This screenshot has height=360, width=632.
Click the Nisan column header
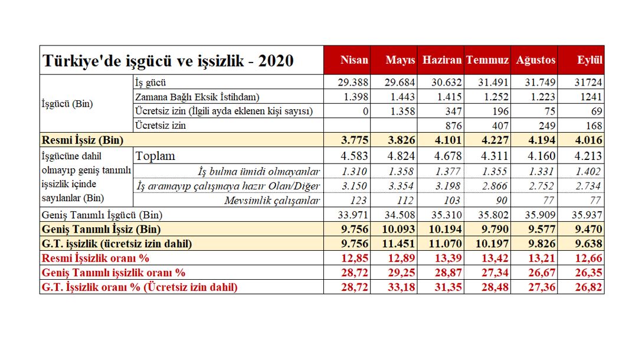click(x=354, y=60)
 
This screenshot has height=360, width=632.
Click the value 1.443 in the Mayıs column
click(x=401, y=96)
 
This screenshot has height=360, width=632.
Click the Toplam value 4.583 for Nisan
click(x=355, y=156)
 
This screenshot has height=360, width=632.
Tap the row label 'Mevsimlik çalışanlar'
click(x=273, y=201)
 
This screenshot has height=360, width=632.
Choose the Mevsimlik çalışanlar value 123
click(x=359, y=201)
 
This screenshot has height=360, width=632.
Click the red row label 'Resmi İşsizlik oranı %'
click(x=95, y=258)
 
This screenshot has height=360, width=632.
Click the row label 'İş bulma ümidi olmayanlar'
click(x=260, y=172)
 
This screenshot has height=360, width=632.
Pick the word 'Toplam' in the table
click(x=155, y=156)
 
